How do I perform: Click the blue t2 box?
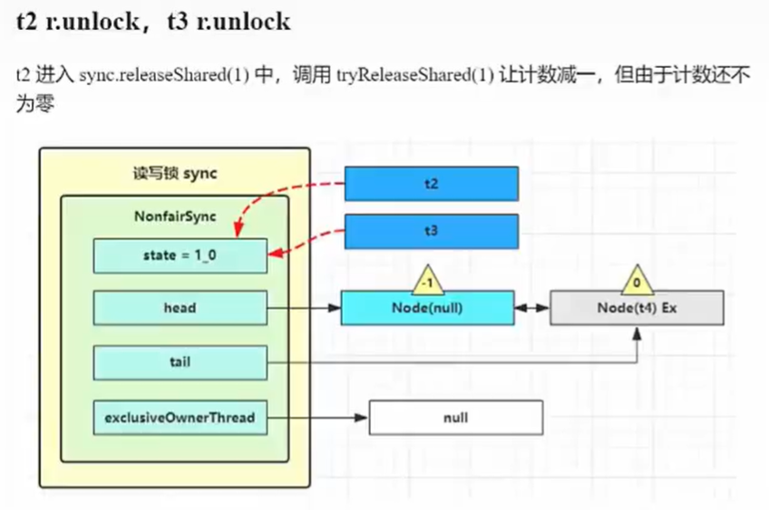point(431,183)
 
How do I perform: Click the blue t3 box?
point(431,231)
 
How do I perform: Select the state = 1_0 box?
point(180,256)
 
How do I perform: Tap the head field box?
point(180,308)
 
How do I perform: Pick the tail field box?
point(180,362)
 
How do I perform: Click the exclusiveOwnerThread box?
point(180,418)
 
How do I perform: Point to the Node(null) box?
point(427,308)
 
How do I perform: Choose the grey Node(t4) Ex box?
point(637,308)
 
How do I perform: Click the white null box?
point(455,418)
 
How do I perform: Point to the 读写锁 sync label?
point(175,173)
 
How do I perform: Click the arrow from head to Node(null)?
point(304,308)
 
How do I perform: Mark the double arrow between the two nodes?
point(532,308)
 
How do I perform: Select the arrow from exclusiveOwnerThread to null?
point(317,418)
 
